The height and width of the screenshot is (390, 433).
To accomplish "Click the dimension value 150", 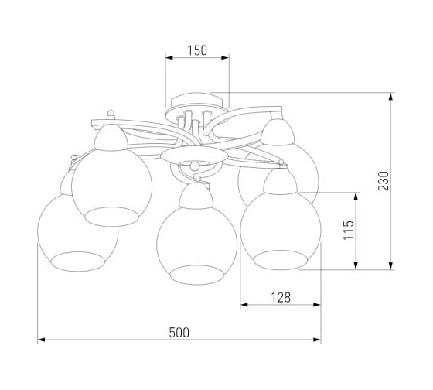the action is (x=197, y=50).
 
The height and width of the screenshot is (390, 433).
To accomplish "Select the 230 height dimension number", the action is (x=384, y=181).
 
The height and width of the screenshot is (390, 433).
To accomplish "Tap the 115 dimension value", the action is (x=348, y=230).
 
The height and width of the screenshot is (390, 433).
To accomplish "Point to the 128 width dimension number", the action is (x=281, y=298).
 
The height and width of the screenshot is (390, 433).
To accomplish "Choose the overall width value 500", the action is (x=179, y=333).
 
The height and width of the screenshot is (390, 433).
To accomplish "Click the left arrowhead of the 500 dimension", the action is (x=41, y=340).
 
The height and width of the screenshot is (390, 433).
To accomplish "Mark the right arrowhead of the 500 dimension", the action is (x=317, y=340).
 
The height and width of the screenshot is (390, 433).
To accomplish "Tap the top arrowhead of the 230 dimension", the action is (x=390, y=97).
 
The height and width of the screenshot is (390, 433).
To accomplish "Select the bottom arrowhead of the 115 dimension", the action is (x=356, y=265).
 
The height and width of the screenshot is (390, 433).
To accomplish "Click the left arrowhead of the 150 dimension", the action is (x=169, y=57).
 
